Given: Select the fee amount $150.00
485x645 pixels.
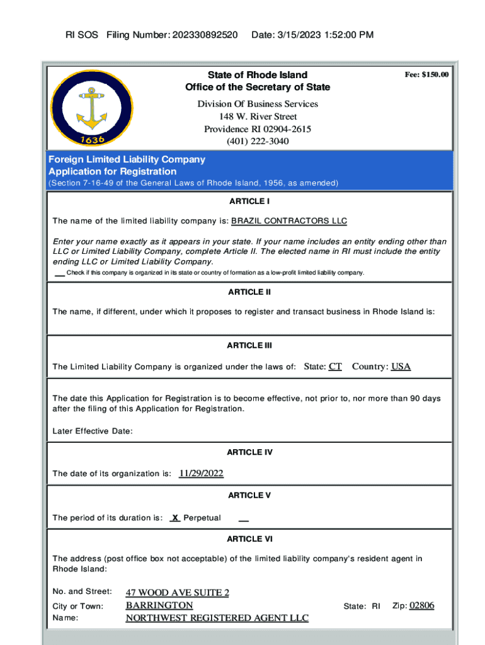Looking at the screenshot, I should pyautogui.click(x=426, y=75).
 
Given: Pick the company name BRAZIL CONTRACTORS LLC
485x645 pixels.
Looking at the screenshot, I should pyautogui.click(x=289, y=221).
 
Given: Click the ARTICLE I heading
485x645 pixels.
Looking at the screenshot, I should pyautogui.click(x=249, y=202).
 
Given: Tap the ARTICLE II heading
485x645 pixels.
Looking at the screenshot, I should pyautogui.click(x=249, y=292).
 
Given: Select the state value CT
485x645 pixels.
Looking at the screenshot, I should pyautogui.click(x=335, y=367).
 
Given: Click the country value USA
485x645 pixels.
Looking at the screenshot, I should pyautogui.click(x=401, y=367).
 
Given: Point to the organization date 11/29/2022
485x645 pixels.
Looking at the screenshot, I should pyautogui.click(x=201, y=474).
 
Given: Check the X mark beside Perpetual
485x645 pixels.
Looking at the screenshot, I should pyautogui.click(x=176, y=518).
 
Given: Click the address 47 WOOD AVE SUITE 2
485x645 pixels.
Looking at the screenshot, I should pyautogui.click(x=178, y=593).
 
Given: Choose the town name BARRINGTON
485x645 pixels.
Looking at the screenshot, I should pyautogui.click(x=159, y=605).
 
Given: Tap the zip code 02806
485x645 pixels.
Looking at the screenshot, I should pyautogui.click(x=421, y=605).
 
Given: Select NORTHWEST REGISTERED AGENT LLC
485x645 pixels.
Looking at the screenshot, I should pyautogui.click(x=217, y=618).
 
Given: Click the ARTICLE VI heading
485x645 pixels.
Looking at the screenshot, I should pyautogui.click(x=249, y=539).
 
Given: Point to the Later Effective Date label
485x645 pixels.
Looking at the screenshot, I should pyautogui.click(x=93, y=431).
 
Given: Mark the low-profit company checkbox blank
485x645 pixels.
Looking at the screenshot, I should pyautogui.click(x=60, y=273).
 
